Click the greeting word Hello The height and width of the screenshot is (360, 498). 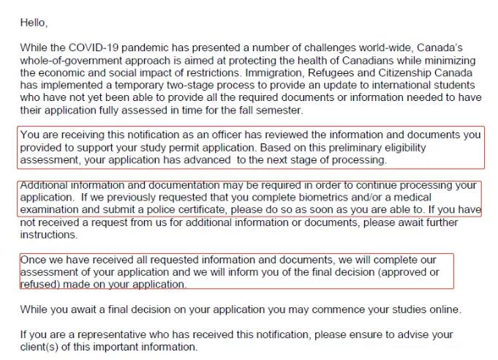pos(33,23)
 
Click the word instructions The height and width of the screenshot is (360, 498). pos(48,235)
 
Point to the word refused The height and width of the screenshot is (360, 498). pos(42,285)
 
